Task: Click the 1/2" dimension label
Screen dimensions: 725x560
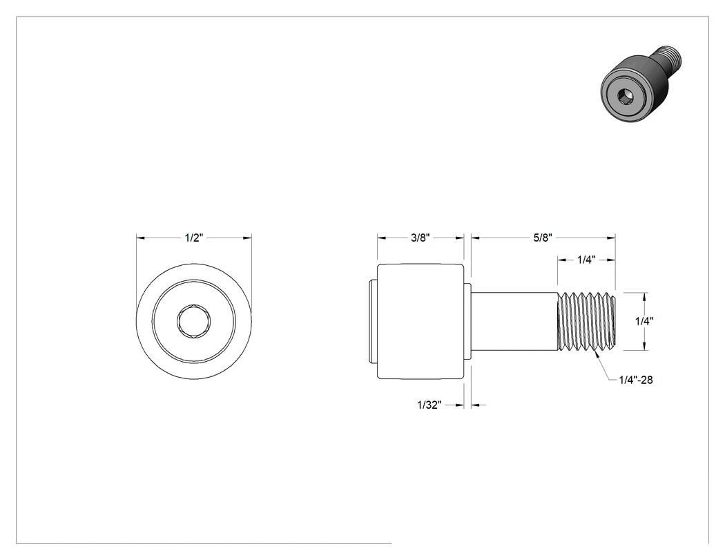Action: tap(194, 238)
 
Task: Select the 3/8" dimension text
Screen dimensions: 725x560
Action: tap(420, 238)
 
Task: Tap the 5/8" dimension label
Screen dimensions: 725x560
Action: tap(543, 238)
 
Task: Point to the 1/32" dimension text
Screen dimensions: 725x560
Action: tap(429, 405)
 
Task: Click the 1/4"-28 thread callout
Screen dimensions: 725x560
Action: tap(636, 380)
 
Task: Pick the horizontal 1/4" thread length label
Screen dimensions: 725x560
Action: tap(586, 260)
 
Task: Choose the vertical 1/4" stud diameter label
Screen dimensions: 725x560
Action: tap(644, 321)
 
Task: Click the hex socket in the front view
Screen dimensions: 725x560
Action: tap(194, 321)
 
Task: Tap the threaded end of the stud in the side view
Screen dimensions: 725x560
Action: tap(587, 321)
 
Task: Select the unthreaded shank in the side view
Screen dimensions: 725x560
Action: tap(514, 321)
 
